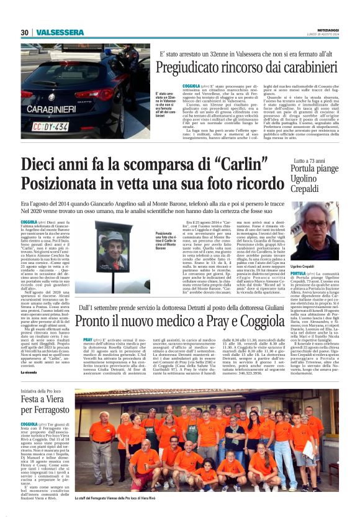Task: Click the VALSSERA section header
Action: coord(60,32)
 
